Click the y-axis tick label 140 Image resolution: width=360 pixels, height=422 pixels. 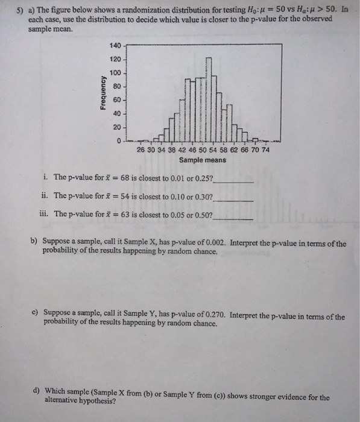(116, 46)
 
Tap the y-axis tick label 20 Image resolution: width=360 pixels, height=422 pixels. (118, 127)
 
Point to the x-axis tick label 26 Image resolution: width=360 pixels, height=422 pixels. (141, 150)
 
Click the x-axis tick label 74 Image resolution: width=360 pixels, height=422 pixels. (265, 150)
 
